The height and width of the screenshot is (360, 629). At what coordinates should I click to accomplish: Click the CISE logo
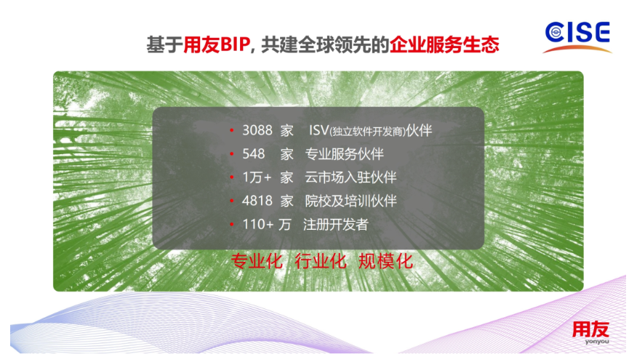pos(577,36)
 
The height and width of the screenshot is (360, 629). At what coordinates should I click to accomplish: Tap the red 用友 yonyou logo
pos(590,332)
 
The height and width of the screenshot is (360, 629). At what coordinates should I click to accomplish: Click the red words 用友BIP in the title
pos(217,44)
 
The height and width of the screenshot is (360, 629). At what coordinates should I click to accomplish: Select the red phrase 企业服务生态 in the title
pos(444,44)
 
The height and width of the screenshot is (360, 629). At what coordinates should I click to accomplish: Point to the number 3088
pos(257,130)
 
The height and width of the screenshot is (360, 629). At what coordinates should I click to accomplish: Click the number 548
pos(254,153)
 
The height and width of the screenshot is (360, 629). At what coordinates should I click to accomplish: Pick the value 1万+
pos(257,177)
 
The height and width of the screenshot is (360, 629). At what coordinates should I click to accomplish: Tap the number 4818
pos(257,201)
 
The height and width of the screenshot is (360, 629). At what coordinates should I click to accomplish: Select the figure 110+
pos(258,224)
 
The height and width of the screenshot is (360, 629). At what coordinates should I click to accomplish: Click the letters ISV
pos(319,130)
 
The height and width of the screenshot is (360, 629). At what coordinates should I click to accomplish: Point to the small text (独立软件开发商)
pos(367,132)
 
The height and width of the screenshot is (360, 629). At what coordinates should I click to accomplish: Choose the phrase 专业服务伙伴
pos(344,153)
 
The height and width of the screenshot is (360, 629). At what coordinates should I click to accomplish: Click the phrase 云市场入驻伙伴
pos(350,177)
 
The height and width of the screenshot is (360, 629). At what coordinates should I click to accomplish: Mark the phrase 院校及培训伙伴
pos(350,201)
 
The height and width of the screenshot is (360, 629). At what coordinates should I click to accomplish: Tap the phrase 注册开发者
pos(336,224)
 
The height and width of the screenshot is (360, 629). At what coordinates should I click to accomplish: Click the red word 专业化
pos(257,261)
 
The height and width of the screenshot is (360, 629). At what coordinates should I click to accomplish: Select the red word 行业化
pos(321,261)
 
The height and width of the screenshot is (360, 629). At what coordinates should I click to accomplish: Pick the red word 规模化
pos(385,261)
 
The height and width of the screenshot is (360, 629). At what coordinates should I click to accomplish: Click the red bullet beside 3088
pos(231,130)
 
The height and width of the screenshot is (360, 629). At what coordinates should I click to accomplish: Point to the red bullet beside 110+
pos(231,224)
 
